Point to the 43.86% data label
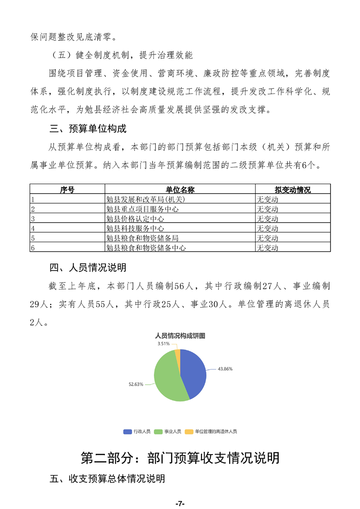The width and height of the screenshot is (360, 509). pyautogui.click(x=225, y=369)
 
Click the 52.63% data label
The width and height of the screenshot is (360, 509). pyautogui.click(x=136, y=384)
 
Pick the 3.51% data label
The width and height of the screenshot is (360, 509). pyautogui.click(x=164, y=344)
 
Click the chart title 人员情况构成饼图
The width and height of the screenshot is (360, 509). pyautogui.click(x=180, y=336)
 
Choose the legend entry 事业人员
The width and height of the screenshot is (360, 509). pyautogui.click(x=173, y=431)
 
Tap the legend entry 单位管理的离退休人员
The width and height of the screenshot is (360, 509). pyautogui.click(x=216, y=431)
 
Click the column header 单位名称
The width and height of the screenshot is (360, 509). pyautogui.click(x=180, y=190)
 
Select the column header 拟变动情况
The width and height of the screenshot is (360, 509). pyautogui.click(x=292, y=190)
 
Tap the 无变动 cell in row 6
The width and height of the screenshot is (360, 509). pyautogui.click(x=267, y=248)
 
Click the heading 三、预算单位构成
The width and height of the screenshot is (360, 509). pyautogui.click(x=88, y=129)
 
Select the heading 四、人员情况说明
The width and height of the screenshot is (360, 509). pyautogui.click(x=88, y=267)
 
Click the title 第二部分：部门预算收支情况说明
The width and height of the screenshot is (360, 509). pyautogui.click(x=180, y=458)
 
